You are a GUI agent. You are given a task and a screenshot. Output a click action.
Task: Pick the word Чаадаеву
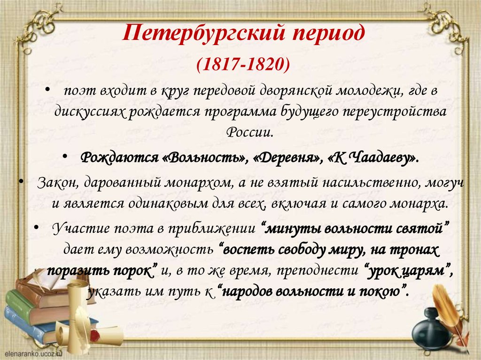click(x=378, y=158)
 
